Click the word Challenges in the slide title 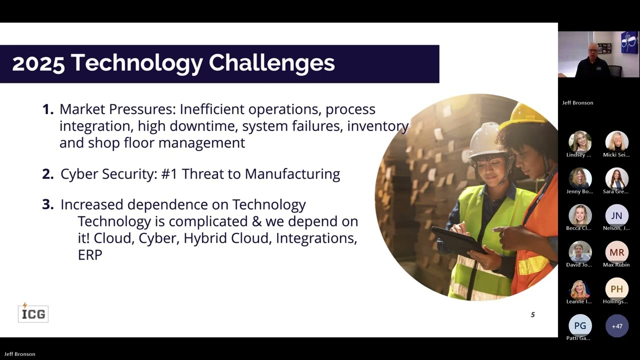(x=271, y=63)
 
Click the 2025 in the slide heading (x=38, y=63)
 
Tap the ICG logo (x=33, y=313)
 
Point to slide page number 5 (x=532, y=314)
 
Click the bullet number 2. (x=47, y=174)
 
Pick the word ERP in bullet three (x=90, y=254)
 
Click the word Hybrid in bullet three (x=203, y=238)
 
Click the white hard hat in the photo (x=484, y=140)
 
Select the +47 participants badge (x=617, y=326)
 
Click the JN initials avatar (x=616, y=215)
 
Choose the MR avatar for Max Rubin (x=616, y=252)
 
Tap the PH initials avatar (x=616, y=289)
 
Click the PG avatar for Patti (x=580, y=326)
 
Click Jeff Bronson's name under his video (x=577, y=102)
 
